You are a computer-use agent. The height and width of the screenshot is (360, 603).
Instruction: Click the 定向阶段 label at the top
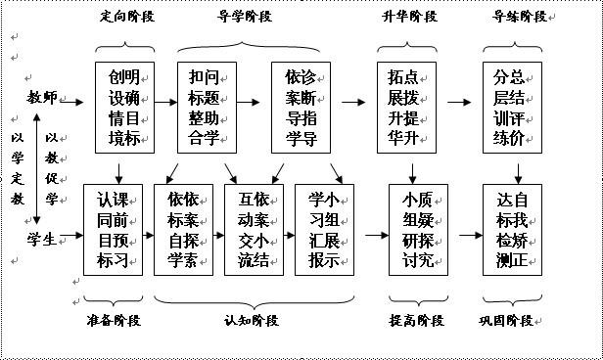[x=126, y=17]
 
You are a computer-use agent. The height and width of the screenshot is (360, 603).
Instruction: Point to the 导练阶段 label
[x=515, y=17]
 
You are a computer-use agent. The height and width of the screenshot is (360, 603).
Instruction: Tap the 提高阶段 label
[x=417, y=320]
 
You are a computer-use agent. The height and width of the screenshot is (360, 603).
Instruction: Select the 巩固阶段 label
[x=515, y=320]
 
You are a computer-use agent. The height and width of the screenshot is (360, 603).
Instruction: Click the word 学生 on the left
[x=44, y=235]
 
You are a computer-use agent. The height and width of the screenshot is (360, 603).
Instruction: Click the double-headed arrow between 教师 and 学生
[x=35, y=165]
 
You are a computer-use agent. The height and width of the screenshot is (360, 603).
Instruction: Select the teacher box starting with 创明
[x=125, y=106]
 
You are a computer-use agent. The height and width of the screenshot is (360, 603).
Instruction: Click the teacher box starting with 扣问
[x=206, y=106]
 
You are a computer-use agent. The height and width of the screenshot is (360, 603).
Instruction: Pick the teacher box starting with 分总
[x=515, y=106]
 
